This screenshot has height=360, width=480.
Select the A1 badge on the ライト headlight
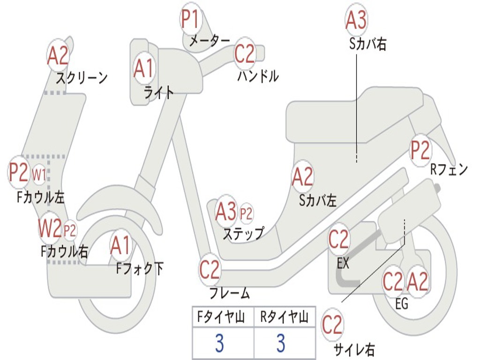pyautogui.click(x=143, y=68)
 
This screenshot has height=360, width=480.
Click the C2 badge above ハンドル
pyautogui.click(x=244, y=54)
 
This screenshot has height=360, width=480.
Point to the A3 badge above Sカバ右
pyautogui.click(x=356, y=20)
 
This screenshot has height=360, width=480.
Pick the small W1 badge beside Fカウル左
pyautogui.click(x=39, y=175)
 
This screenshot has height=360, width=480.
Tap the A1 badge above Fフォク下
pyautogui.click(x=121, y=246)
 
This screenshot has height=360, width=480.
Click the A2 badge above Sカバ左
pyautogui.click(x=302, y=177)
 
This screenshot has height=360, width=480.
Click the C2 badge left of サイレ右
pyautogui.click(x=332, y=325)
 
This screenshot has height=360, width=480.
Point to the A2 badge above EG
pyautogui.click(x=417, y=281)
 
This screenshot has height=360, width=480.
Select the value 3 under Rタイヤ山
pyautogui.click(x=280, y=344)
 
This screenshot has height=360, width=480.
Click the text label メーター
pyautogui.click(x=209, y=41)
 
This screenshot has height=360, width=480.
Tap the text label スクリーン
pyautogui.click(x=82, y=77)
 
